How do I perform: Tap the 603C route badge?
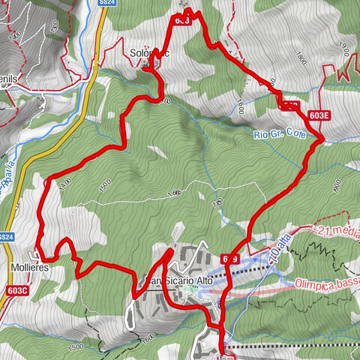[x=16, y=290]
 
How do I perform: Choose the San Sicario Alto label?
[x=180, y=280]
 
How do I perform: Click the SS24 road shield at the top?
[x=107, y=4]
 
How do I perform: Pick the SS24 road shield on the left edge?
[x=6, y=237]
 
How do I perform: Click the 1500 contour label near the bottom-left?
[x=76, y=347]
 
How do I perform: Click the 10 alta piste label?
[x=279, y=248]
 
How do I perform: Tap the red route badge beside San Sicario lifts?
[x=230, y=259]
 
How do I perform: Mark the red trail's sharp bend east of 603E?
[x=322, y=139]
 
